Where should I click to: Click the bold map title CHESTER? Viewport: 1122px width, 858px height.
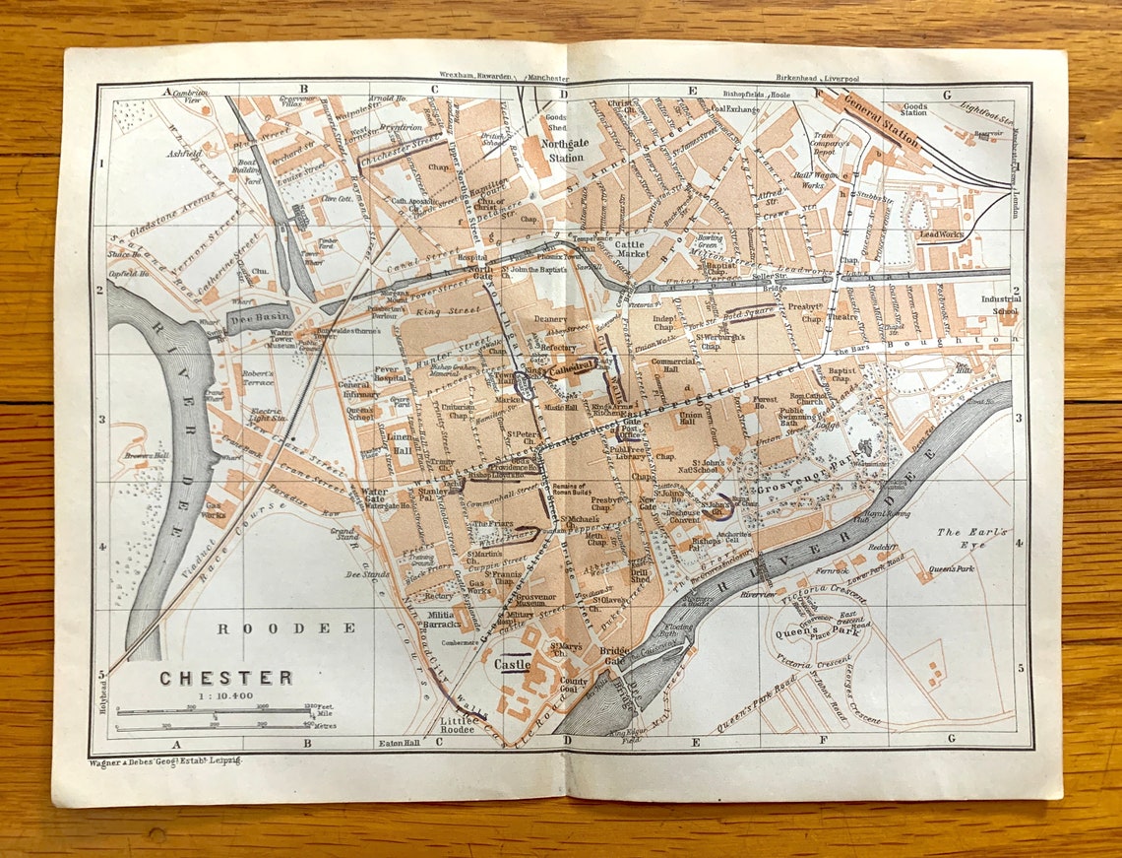click(x=226, y=678)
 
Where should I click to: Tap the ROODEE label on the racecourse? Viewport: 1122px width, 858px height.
click(x=286, y=627)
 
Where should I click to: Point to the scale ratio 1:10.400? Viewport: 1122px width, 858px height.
click(x=225, y=694)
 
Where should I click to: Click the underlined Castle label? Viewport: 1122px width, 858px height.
click(x=513, y=665)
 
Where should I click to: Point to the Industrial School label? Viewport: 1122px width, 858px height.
click(x=1000, y=304)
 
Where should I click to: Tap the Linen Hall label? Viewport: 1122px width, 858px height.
click(x=400, y=443)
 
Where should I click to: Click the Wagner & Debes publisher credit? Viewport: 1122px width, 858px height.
click(x=164, y=761)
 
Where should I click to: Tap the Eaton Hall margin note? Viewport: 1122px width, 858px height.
click(x=400, y=743)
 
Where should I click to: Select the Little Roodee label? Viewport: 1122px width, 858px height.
click(x=460, y=725)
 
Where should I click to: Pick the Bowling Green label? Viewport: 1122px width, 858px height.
click(x=709, y=242)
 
